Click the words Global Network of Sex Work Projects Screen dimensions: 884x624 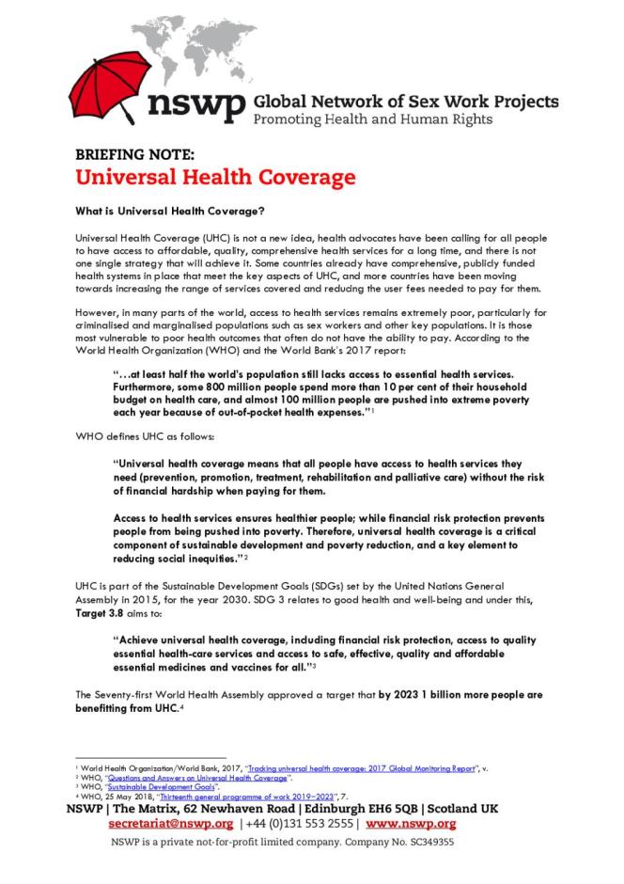point(406,102)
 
